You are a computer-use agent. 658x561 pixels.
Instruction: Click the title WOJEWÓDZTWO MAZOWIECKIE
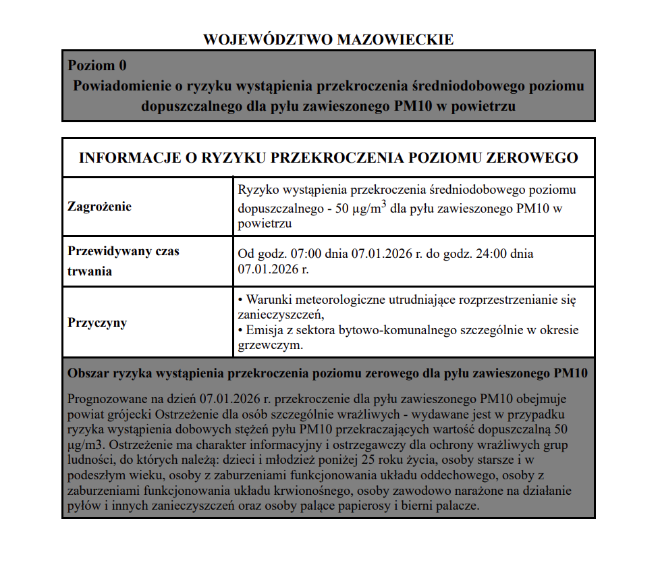(329, 39)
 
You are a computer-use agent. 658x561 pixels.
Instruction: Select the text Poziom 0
(97, 65)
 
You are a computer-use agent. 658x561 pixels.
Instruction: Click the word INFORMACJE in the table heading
(126, 158)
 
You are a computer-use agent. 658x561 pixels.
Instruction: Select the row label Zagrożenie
(100, 207)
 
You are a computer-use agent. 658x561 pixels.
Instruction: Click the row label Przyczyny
(97, 323)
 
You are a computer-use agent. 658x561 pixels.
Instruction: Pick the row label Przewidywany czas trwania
(124, 261)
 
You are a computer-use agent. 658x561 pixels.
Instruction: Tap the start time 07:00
(304, 255)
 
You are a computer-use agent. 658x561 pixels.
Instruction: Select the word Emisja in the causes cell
(265, 331)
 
